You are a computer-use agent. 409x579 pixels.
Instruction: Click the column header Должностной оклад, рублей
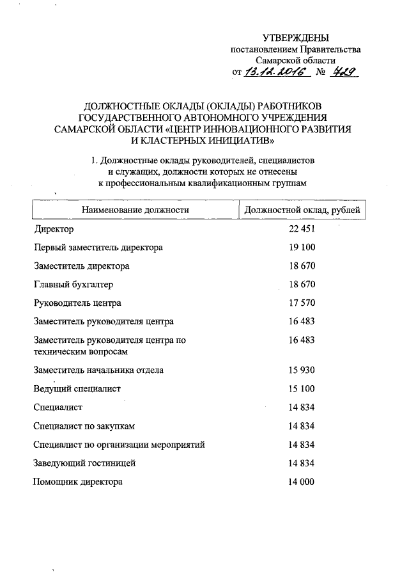(x=302, y=210)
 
